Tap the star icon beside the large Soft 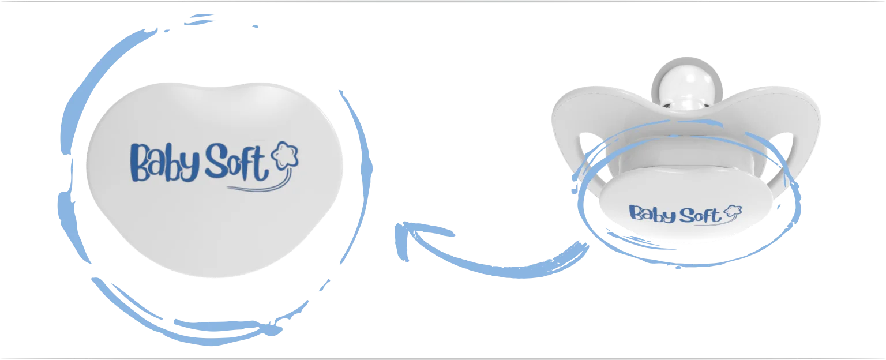point(287,155)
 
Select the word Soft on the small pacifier point(699,216)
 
